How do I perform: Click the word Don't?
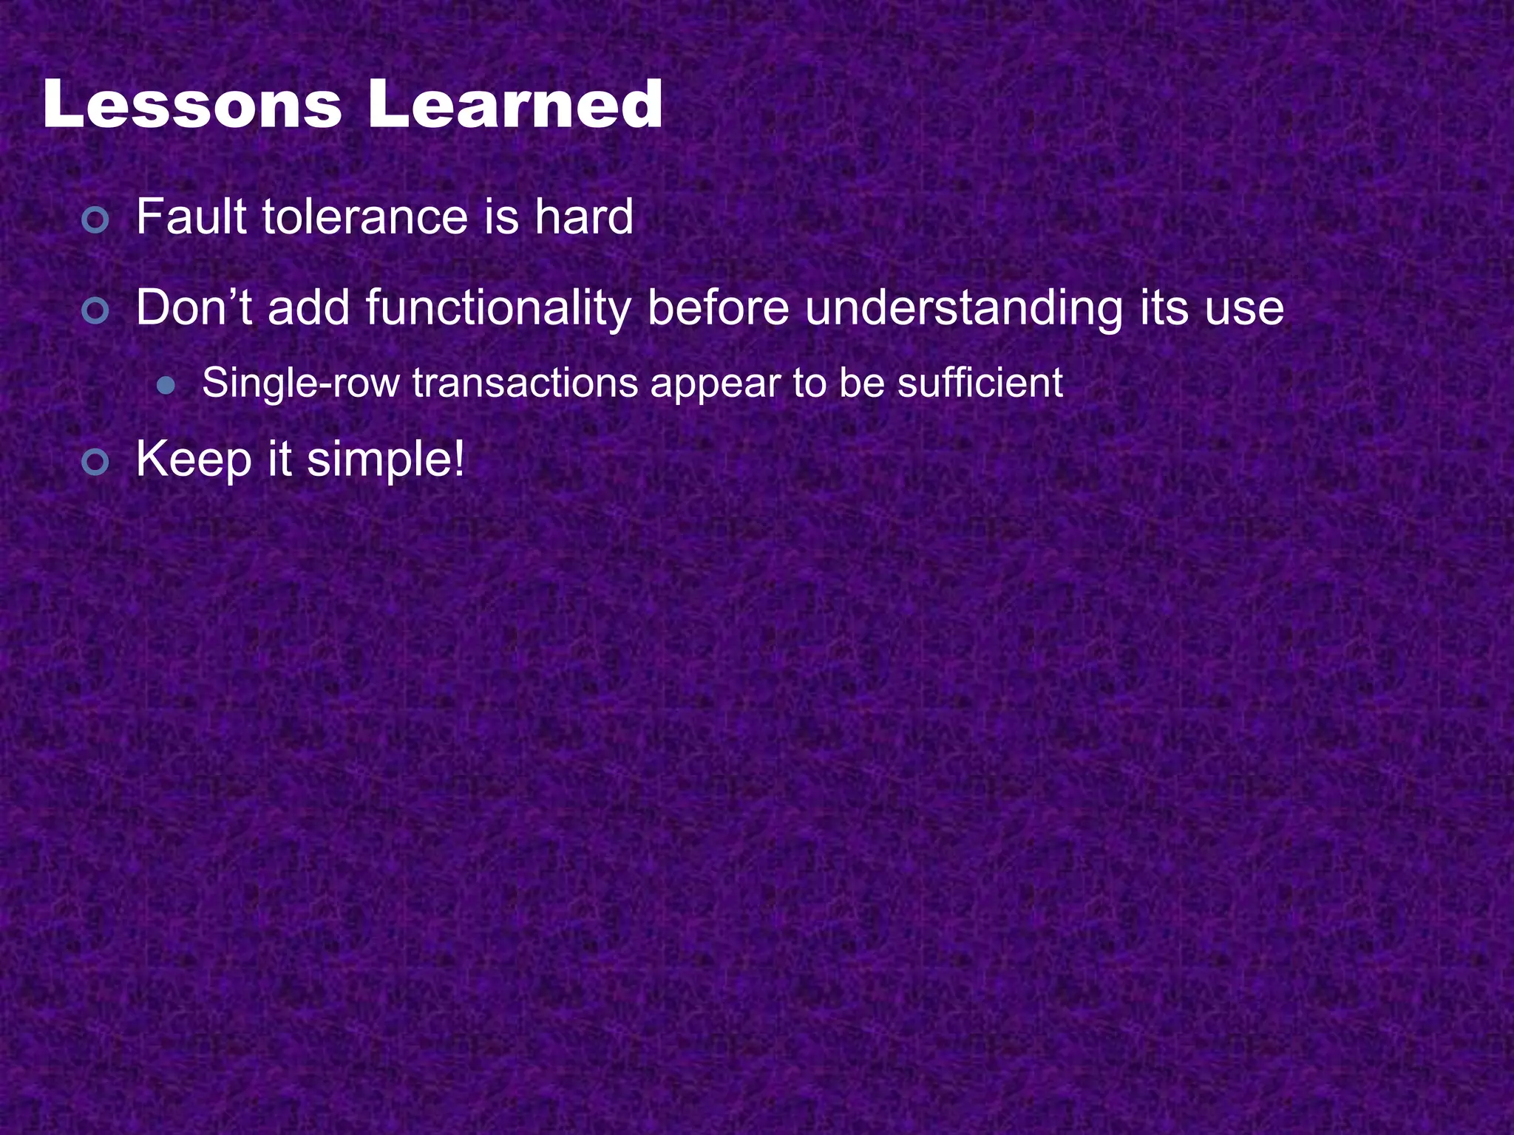(x=194, y=308)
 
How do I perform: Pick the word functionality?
(x=498, y=310)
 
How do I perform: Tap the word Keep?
(x=194, y=460)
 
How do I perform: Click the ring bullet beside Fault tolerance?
(x=95, y=220)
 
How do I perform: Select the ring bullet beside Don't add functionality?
(x=95, y=311)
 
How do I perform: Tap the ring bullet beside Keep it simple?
(x=95, y=463)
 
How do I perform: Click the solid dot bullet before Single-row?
(x=166, y=386)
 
